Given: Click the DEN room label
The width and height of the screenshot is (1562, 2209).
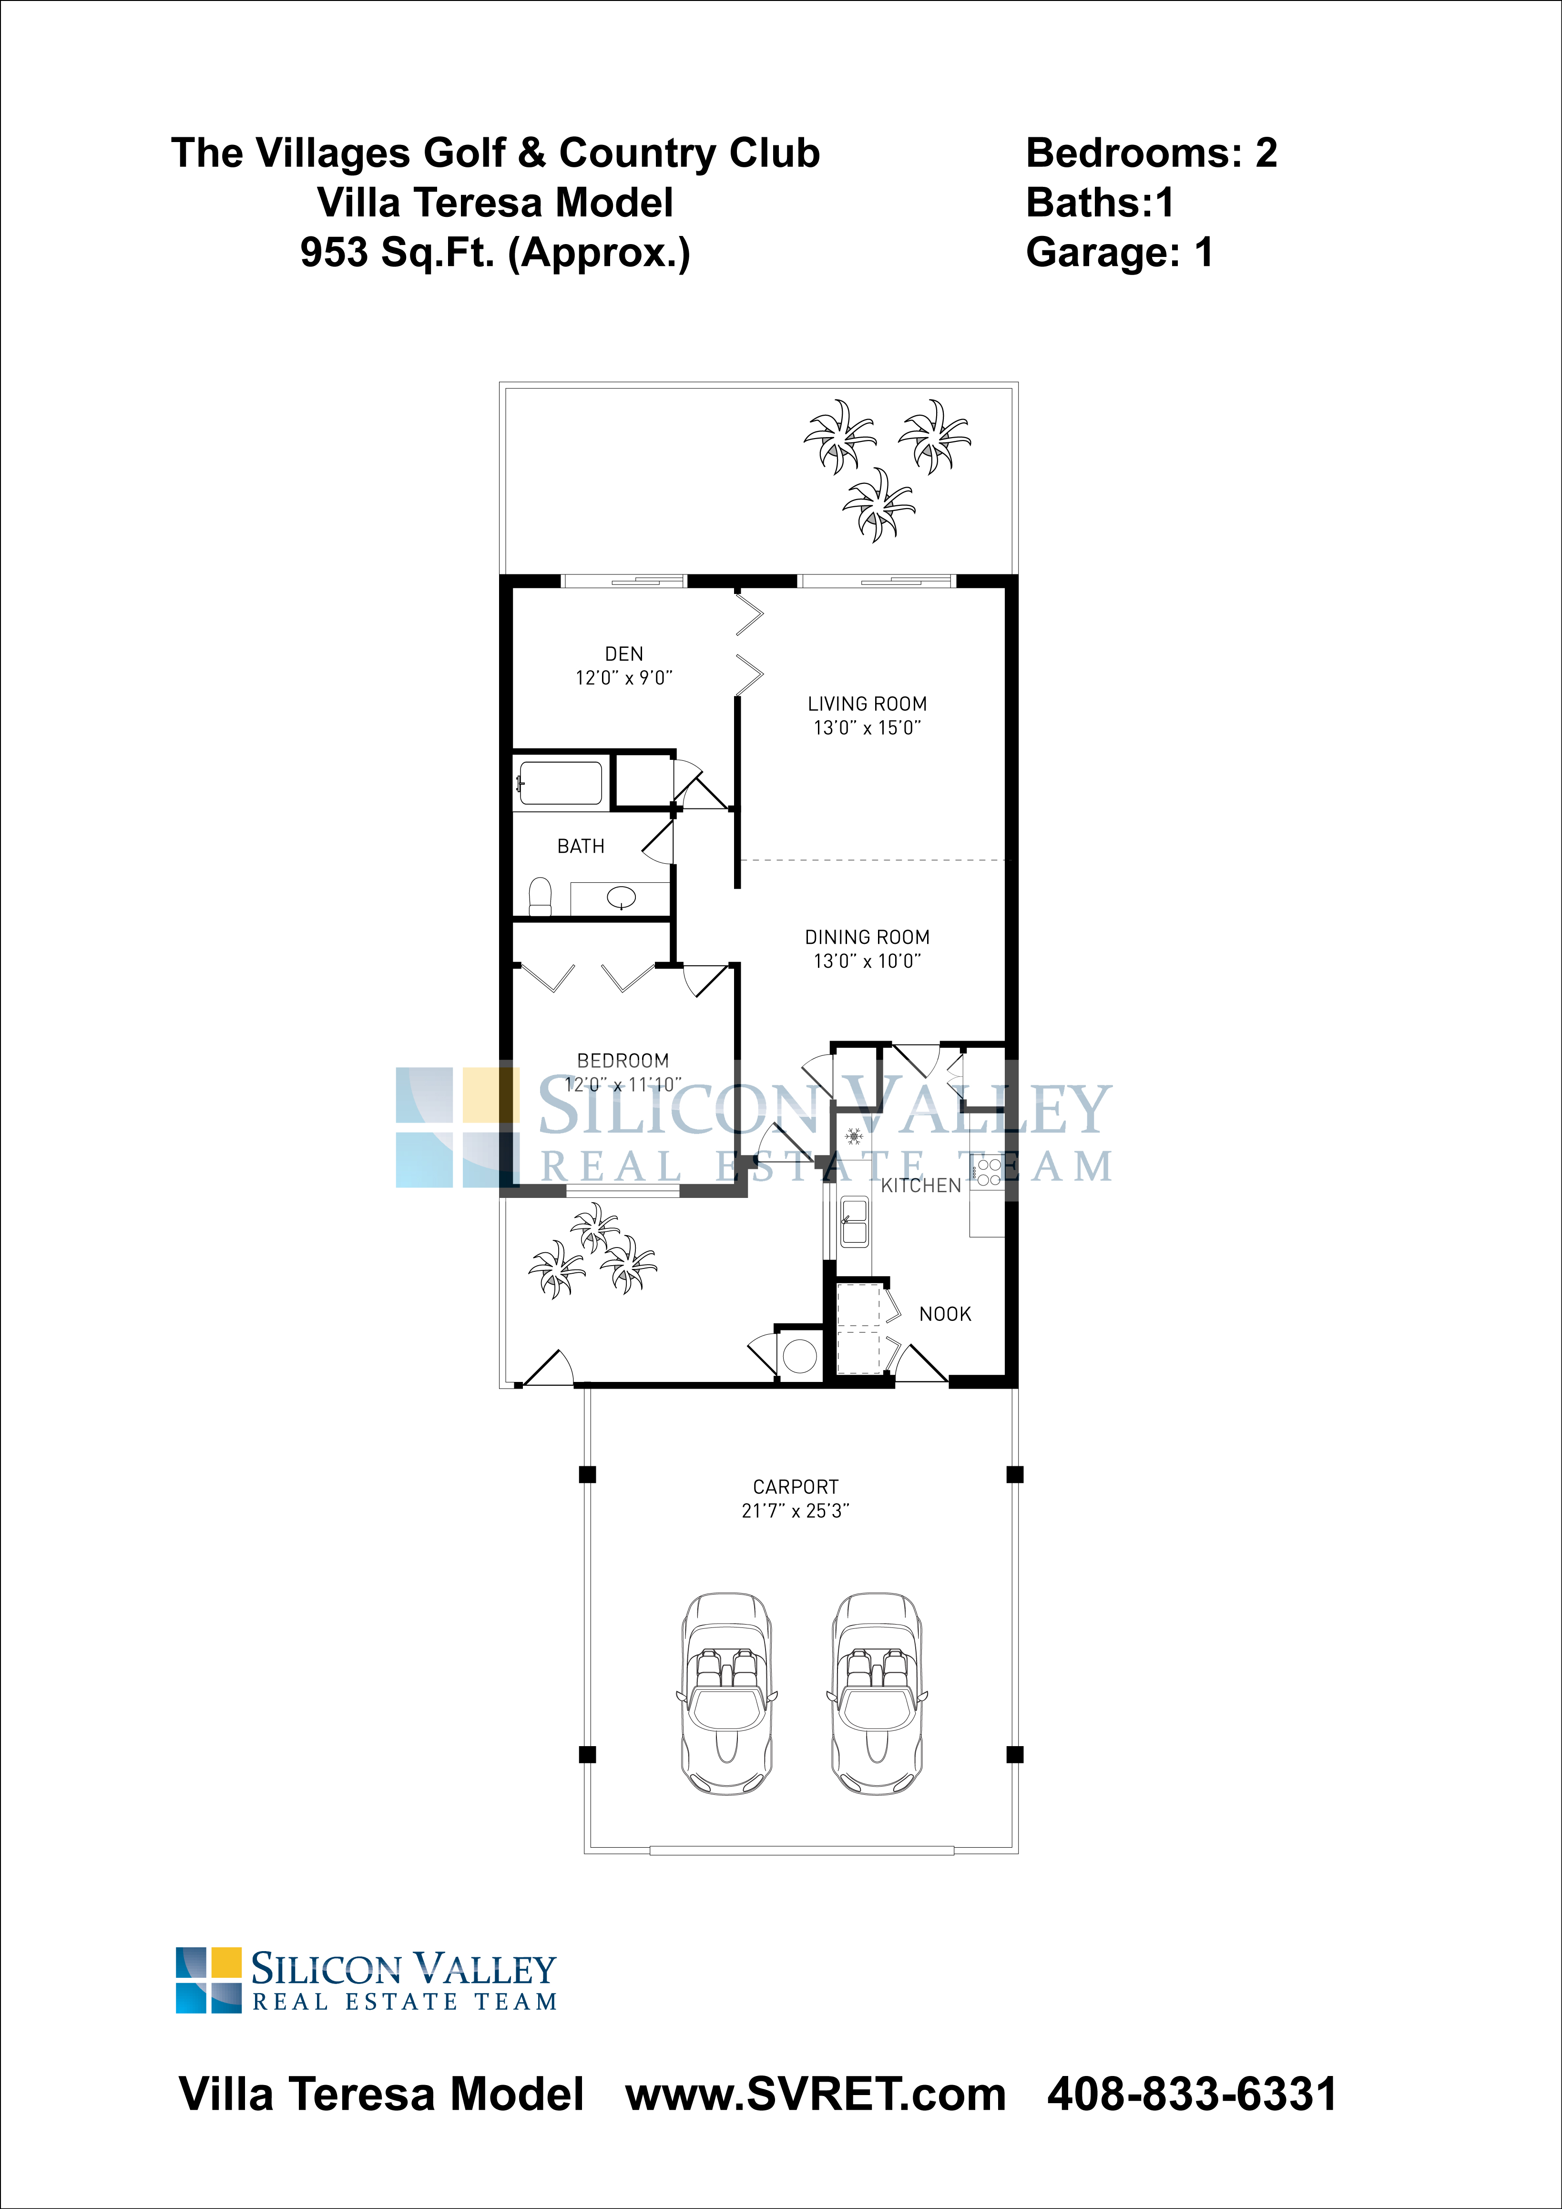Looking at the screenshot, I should pyautogui.click(x=623, y=653).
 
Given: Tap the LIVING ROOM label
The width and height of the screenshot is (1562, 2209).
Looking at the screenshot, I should pyautogui.click(x=867, y=703).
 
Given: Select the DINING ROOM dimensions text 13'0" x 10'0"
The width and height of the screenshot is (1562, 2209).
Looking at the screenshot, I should pyautogui.click(x=867, y=960).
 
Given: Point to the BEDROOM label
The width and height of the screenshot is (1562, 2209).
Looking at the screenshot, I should pyautogui.click(x=623, y=1060).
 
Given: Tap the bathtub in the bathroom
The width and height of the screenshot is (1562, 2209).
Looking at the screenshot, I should pyautogui.click(x=560, y=782).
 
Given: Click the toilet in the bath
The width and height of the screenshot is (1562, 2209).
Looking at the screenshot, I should pyautogui.click(x=541, y=896).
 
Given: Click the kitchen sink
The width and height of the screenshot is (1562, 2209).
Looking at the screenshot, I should pyautogui.click(x=854, y=1222).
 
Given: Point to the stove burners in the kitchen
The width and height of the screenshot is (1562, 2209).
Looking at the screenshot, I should pyautogui.click(x=989, y=1171).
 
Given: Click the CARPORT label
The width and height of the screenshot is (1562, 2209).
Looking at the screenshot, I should pyautogui.click(x=796, y=1486).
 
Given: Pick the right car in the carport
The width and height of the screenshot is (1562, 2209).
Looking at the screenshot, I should pyautogui.click(x=875, y=1693).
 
